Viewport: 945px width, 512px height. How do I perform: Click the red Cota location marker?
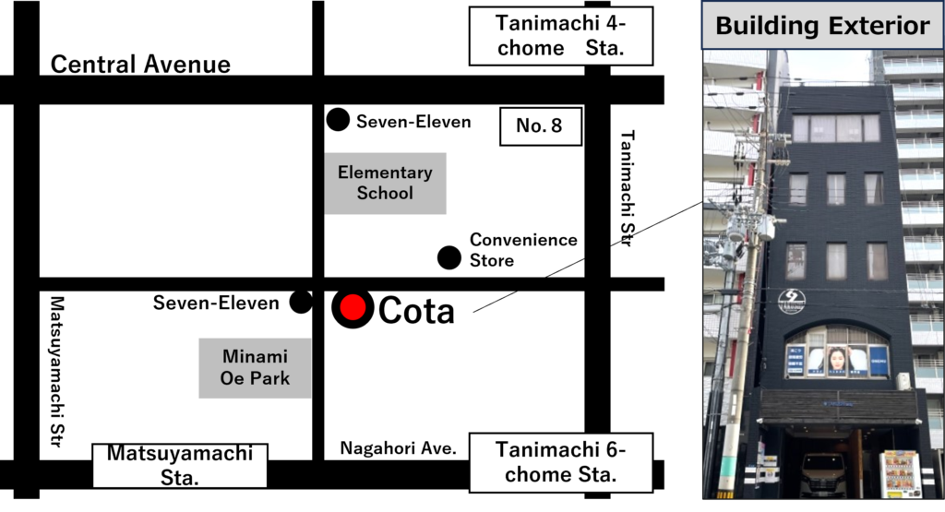coord(353,307)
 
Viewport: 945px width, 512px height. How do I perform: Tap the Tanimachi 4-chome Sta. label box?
coord(560,36)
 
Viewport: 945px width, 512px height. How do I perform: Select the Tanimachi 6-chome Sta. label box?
coord(560,462)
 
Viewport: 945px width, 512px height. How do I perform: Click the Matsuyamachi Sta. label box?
coord(180,466)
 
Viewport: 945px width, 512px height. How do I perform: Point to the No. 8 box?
coord(541,125)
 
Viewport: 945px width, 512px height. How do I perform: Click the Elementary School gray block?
coord(385,183)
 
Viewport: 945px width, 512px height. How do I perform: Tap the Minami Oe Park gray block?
coord(255,367)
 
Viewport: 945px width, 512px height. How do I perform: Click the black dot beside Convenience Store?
coord(449,257)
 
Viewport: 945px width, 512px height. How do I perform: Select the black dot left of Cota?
coord(301,302)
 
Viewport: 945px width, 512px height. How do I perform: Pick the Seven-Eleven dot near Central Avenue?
coord(338,119)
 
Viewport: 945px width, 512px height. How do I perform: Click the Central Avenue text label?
coord(140,65)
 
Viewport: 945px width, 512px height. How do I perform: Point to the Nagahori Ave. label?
coord(399,448)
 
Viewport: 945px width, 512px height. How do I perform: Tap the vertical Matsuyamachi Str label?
coord(56,371)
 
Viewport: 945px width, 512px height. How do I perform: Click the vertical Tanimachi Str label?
coord(627,188)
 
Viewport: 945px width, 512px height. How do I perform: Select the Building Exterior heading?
coord(822,25)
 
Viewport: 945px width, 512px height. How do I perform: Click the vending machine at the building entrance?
coord(901,474)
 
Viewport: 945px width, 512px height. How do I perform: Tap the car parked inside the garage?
coord(823,475)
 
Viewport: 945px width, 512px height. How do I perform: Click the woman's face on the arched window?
coord(838,360)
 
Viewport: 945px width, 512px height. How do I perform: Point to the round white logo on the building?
coord(791,301)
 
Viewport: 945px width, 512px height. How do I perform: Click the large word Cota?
coord(416,310)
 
